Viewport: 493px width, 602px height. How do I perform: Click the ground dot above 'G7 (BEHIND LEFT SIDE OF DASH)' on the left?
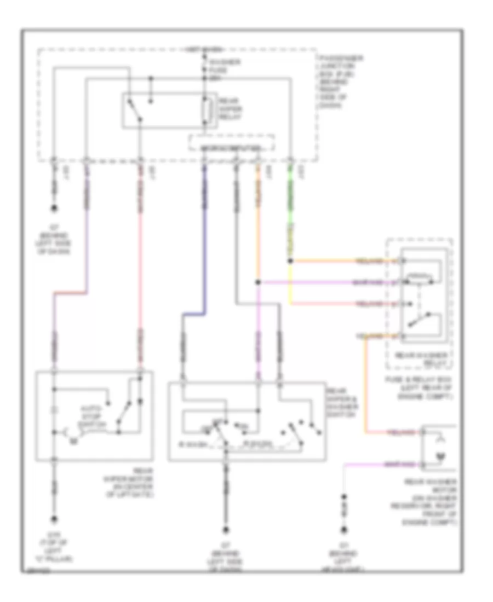click(x=54, y=209)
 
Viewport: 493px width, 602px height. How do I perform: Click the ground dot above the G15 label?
click(x=54, y=520)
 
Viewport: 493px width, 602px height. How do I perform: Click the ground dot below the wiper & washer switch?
click(x=225, y=529)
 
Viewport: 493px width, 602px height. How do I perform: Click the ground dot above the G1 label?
click(x=345, y=529)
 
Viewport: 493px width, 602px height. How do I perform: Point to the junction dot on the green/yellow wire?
click(x=290, y=261)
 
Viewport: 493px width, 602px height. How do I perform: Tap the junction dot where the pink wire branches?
click(x=258, y=282)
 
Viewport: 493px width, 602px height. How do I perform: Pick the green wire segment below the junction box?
click(x=290, y=202)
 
